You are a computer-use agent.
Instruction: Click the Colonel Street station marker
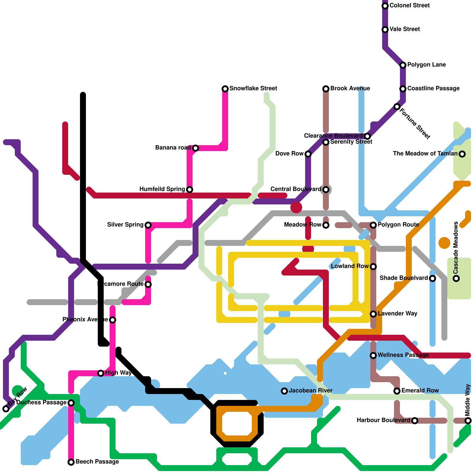385,6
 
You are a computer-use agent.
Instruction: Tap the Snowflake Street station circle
225,89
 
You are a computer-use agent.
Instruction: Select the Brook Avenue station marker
326,89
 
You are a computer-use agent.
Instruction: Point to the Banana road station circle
196,148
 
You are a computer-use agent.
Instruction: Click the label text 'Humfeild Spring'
162,189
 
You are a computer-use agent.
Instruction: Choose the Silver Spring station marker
148,225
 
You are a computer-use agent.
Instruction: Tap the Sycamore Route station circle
148,284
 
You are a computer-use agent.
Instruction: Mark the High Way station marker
101,373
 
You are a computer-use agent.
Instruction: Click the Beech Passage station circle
71,462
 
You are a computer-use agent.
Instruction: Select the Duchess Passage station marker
71,403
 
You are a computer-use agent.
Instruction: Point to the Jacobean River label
310,391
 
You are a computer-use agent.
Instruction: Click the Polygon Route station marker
373,225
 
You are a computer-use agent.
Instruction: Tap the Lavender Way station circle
373,314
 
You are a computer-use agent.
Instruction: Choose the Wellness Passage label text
403,355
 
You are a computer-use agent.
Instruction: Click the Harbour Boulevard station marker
415,420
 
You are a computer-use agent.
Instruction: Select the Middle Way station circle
468,420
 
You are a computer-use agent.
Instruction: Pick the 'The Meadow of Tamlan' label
425,154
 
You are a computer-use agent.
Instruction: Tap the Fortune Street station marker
397,107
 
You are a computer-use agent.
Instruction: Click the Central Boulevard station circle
326,189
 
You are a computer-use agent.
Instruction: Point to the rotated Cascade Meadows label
456,248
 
